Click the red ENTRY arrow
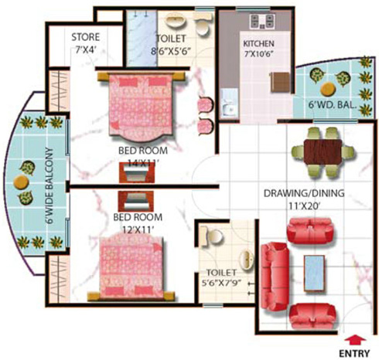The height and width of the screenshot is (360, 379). point(356,337)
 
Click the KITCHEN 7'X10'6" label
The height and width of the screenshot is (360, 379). point(260,49)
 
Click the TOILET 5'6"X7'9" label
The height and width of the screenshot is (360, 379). point(224,279)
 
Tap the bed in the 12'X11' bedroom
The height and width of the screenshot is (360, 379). point(131,262)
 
